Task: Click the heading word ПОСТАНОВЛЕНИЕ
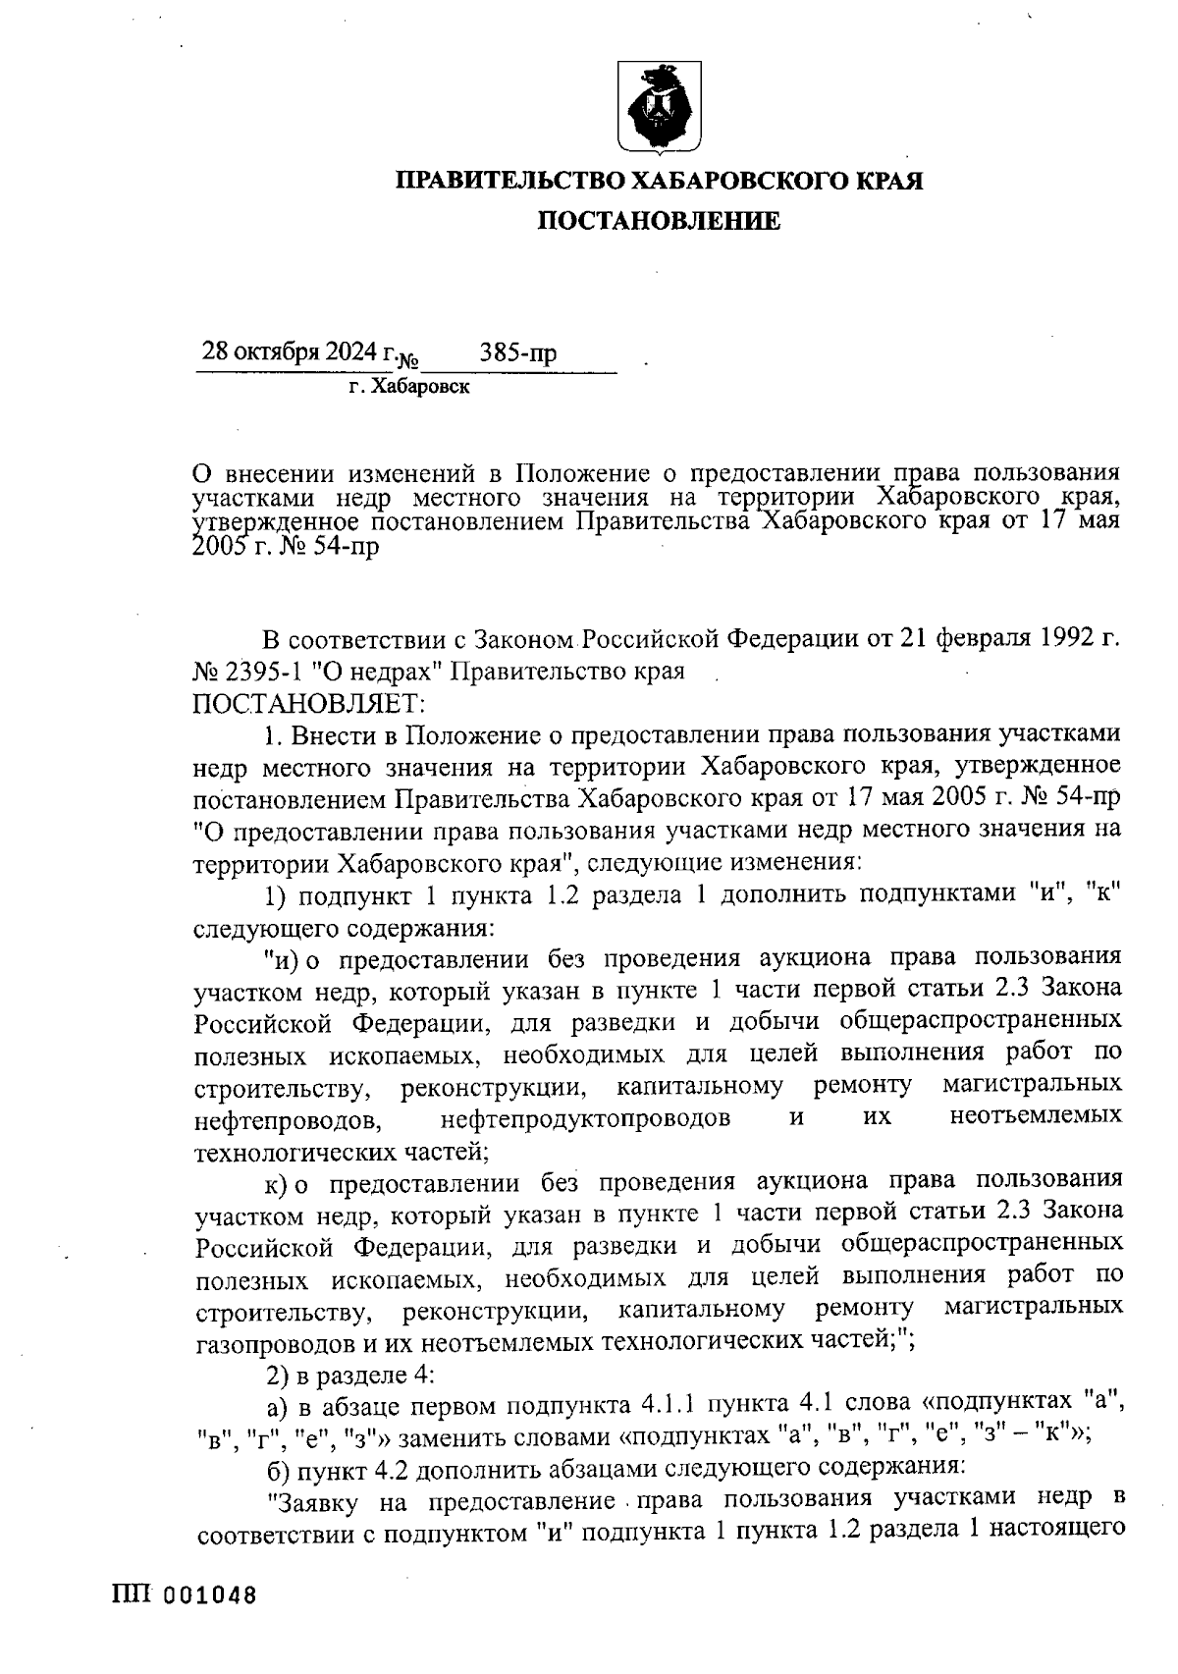coord(659,222)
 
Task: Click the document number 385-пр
coord(518,352)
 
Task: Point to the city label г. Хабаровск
coord(408,388)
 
